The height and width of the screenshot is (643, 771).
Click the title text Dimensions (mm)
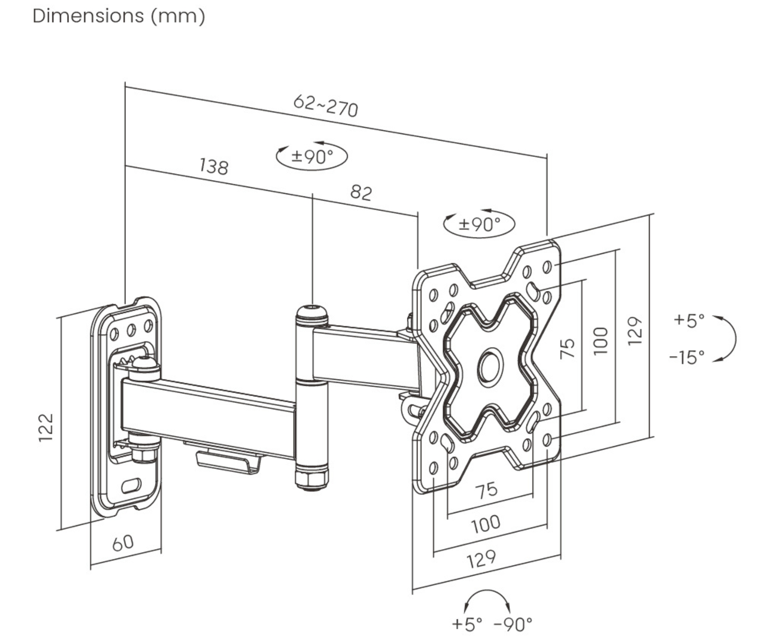click(119, 16)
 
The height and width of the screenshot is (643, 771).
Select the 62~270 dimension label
click(326, 105)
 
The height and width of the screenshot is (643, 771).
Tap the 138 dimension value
click(214, 166)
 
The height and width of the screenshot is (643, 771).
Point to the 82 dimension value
click(361, 192)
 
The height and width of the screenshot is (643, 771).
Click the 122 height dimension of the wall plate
click(46, 428)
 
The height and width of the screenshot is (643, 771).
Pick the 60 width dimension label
click(123, 543)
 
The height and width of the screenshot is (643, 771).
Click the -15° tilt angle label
click(687, 357)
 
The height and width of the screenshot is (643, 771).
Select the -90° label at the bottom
click(513, 624)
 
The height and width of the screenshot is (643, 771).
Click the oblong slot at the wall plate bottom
click(131, 485)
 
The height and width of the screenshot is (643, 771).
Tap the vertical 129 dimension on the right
click(635, 331)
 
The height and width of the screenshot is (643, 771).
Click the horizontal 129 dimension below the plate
click(481, 559)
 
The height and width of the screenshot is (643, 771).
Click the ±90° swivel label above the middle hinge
click(312, 156)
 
